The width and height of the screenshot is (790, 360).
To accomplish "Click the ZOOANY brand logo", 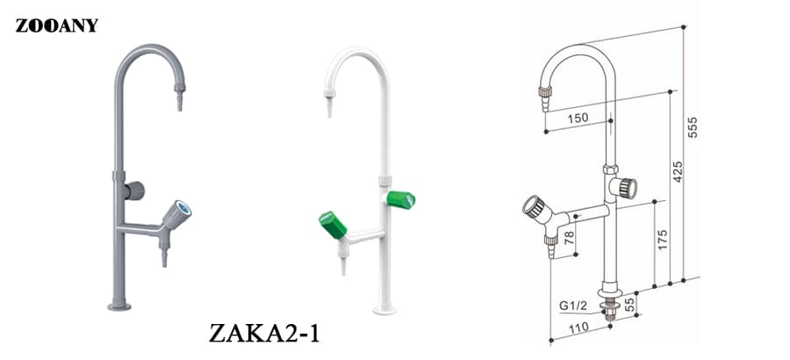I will pyautogui.click(x=56, y=25).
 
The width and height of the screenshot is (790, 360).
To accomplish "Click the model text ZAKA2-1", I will pyautogui.click(x=262, y=334).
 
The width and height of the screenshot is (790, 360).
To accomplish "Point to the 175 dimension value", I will pyautogui.click(x=663, y=240).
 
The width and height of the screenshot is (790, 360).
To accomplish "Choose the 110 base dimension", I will pyautogui.click(x=576, y=328).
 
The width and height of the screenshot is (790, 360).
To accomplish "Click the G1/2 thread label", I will pyautogui.click(x=571, y=306).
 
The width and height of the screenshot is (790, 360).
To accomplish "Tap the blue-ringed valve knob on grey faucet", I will pyautogui.click(x=182, y=211).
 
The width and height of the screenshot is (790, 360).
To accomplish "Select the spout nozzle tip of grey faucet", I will pyautogui.click(x=179, y=103).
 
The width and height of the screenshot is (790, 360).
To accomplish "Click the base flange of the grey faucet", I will pyautogui.click(x=119, y=306).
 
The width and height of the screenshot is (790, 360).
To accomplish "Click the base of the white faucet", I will pyautogui.click(x=384, y=309).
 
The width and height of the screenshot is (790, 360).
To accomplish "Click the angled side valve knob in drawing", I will pyautogui.click(x=533, y=207).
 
